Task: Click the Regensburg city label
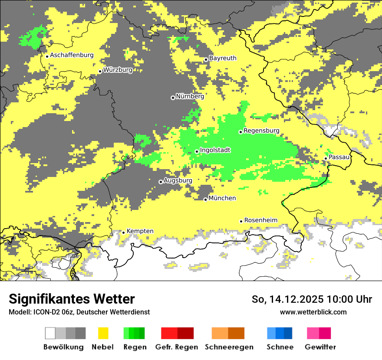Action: click(261, 131)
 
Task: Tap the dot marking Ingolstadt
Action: click(197, 151)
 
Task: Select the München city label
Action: click(222, 198)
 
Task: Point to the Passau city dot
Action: click(326, 159)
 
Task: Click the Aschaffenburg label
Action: click(72, 55)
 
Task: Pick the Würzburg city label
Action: click(118, 70)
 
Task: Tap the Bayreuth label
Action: click(223, 58)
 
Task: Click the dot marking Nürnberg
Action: click(173, 98)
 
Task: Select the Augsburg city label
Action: click(178, 180)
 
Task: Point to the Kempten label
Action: click(140, 231)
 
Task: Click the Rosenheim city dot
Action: click(241, 221)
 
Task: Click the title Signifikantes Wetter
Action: click(72, 299)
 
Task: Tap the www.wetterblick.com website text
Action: click(313, 312)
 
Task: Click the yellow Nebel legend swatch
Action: click(103, 333)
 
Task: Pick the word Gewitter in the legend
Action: click(320, 347)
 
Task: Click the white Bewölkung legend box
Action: click(50, 333)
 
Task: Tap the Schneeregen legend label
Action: click(229, 347)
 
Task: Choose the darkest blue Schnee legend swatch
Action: click(288, 333)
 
